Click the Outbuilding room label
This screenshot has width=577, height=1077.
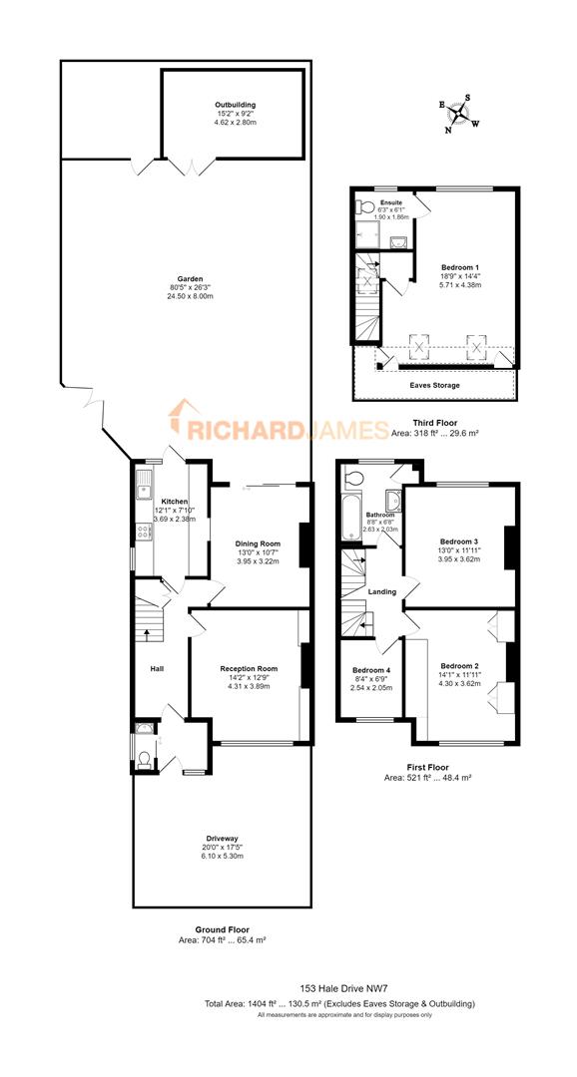[235, 105]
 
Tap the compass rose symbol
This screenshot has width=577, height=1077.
[461, 112]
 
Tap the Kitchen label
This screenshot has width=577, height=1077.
[175, 501]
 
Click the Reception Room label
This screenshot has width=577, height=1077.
[249, 668]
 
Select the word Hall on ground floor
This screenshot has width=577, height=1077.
[157, 669]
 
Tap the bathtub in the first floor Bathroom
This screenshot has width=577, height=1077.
[348, 518]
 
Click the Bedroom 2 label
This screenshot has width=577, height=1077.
[460, 665]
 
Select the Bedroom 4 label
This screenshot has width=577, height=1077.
[368, 670]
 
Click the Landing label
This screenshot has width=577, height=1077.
[382, 592]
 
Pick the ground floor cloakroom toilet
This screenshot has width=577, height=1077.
[145, 759]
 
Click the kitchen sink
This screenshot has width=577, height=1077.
[145, 489]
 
